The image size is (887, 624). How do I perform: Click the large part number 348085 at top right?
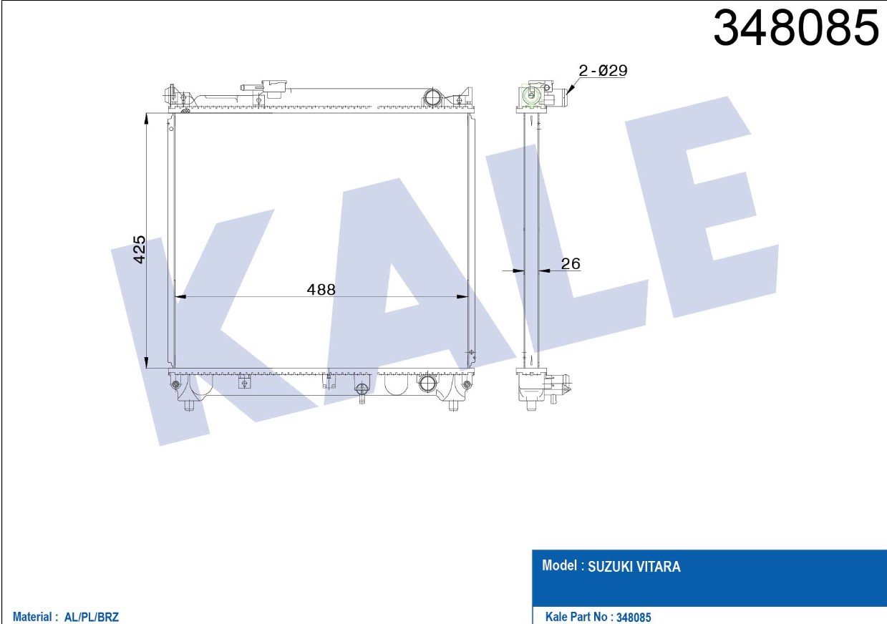point(796,29)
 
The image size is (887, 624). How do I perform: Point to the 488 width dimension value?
point(321,289)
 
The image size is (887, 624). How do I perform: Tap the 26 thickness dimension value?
point(570,264)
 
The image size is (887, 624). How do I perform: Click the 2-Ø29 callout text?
point(603,71)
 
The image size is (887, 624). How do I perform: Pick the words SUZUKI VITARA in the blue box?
point(634,567)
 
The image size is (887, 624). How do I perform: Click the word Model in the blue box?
point(560,566)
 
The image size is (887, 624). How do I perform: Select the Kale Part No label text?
point(577,617)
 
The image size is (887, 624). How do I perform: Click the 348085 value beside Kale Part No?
point(634,617)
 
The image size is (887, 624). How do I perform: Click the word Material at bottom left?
point(32,617)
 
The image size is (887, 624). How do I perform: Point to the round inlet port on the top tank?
point(433,97)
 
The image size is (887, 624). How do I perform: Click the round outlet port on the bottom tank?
point(427,383)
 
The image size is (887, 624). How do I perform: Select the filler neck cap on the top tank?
point(274,87)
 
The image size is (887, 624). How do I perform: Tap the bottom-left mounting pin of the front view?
point(189,405)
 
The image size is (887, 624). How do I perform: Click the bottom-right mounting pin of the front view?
point(452,405)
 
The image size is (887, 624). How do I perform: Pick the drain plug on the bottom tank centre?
point(362,390)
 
